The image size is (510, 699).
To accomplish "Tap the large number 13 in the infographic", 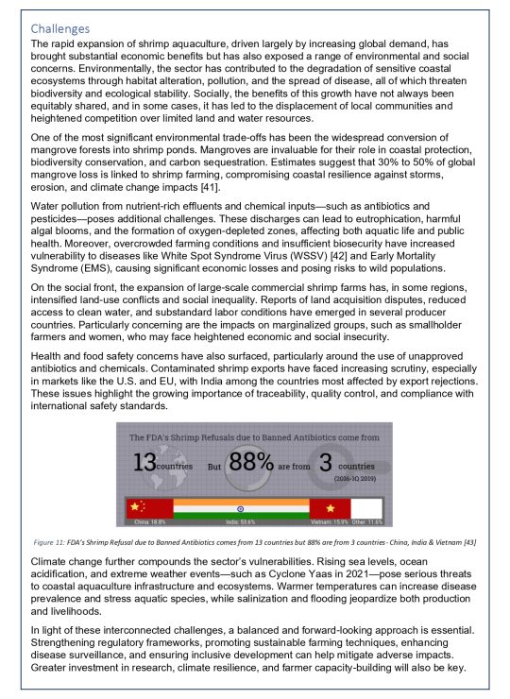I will [x=144, y=464].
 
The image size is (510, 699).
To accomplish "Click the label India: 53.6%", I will [x=240, y=520].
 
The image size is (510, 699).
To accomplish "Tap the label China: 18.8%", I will [x=149, y=520].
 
